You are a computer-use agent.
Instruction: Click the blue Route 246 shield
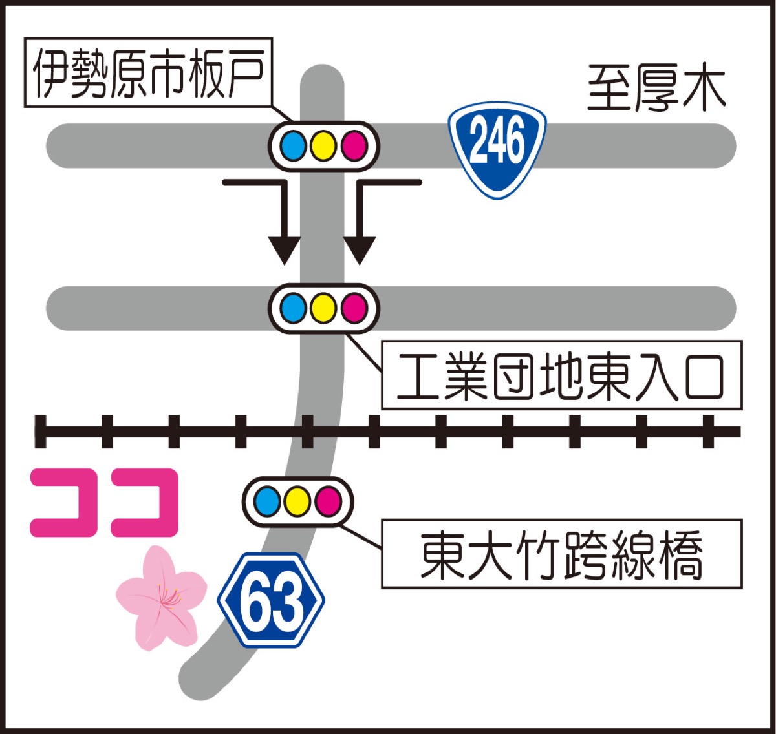(x=498, y=147)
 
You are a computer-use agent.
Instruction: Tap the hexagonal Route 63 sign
(x=272, y=600)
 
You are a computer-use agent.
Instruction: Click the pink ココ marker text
(x=104, y=503)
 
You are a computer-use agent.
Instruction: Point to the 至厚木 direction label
(x=656, y=89)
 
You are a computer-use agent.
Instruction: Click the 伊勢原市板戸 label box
(x=148, y=72)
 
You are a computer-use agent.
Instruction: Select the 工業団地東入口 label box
(x=561, y=375)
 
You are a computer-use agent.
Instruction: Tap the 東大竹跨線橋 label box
(x=561, y=554)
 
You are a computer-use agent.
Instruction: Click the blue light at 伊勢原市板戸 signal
(x=294, y=146)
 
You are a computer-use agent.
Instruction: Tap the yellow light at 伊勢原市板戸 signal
(x=323, y=146)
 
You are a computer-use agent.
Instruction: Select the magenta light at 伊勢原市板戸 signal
(x=354, y=146)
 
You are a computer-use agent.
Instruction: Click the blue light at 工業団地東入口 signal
(x=294, y=308)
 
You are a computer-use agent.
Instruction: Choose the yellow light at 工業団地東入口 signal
(x=323, y=308)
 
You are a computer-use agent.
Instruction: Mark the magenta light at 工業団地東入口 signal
(x=354, y=308)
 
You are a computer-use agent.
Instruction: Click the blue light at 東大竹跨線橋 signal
(x=268, y=501)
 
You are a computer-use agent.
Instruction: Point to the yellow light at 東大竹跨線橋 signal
(x=297, y=501)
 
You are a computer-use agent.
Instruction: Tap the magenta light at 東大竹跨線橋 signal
(x=328, y=501)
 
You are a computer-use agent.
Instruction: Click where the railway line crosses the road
(x=317, y=431)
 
